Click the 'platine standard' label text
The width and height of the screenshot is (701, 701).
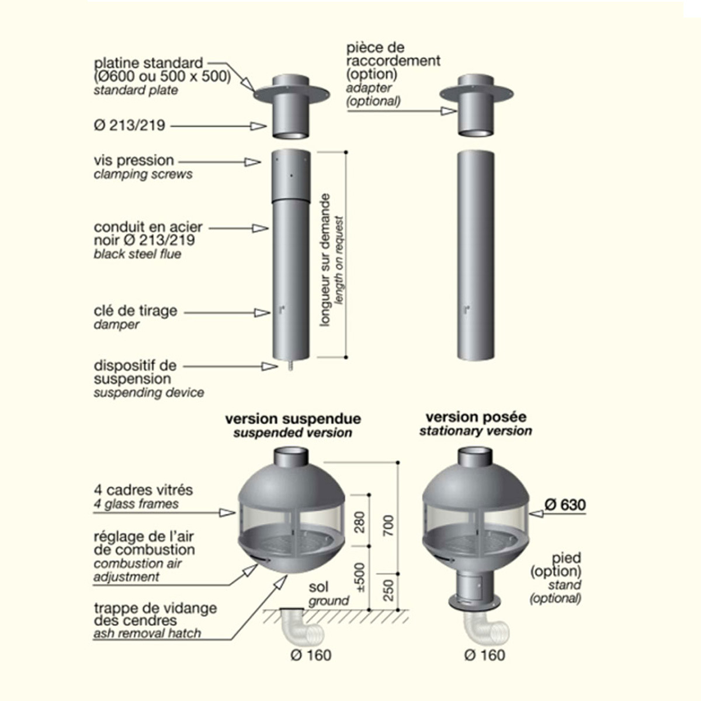[x=148, y=63]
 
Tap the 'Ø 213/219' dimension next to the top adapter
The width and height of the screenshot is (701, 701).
[x=129, y=125]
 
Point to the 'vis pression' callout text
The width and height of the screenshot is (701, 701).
[x=134, y=160]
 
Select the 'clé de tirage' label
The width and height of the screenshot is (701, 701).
[x=135, y=311]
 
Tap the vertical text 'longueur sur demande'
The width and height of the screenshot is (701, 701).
[x=326, y=260]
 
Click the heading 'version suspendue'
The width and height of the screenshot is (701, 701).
[x=293, y=419]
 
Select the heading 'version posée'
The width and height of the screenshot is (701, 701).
[x=476, y=417]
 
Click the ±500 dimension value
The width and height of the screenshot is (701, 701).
[x=359, y=577]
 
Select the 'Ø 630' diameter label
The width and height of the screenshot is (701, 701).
[x=565, y=505]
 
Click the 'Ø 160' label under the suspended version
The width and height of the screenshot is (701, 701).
[x=311, y=655]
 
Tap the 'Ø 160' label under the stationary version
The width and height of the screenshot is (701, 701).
[x=484, y=655]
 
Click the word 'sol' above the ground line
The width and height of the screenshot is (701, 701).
[x=318, y=586]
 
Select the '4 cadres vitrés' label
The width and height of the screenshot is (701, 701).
[x=143, y=490]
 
